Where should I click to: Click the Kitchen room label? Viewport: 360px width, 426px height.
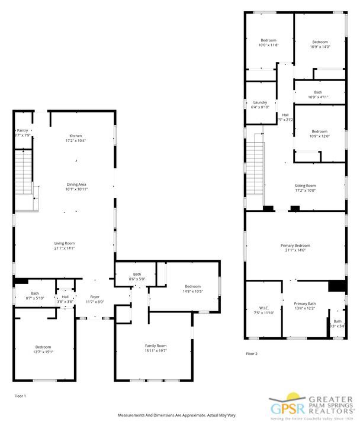pyautogui.click(x=76, y=136)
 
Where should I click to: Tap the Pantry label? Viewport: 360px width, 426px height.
pyautogui.click(x=22, y=131)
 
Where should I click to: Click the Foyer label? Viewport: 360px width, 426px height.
pyautogui.click(x=95, y=296)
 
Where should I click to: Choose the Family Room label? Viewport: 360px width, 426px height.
pyautogui.click(x=156, y=346)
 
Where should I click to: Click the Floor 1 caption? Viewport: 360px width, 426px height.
pyautogui.click(x=20, y=395)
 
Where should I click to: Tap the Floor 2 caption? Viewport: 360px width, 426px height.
pyautogui.click(x=252, y=354)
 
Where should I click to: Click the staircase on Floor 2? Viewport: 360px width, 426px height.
pyautogui.click(x=254, y=172)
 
